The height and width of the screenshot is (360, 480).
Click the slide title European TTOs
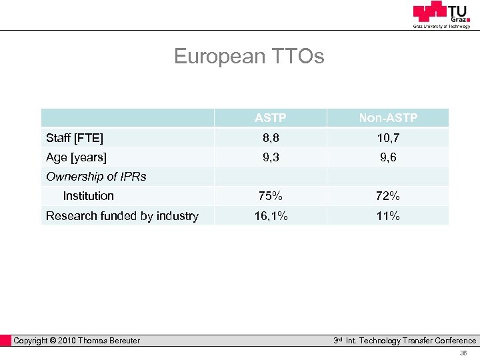pyautogui.click(x=249, y=56)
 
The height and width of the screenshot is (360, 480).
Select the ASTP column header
pyautogui.click(x=270, y=118)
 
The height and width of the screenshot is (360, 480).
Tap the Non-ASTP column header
pyautogui.click(x=388, y=118)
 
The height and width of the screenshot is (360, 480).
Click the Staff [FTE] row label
pyautogui.click(x=75, y=138)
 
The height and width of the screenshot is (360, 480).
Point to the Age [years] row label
pyautogui.click(x=76, y=157)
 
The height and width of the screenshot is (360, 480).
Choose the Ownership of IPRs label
pyautogui.click(x=96, y=177)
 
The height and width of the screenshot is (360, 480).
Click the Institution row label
pyautogui.click(x=88, y=196)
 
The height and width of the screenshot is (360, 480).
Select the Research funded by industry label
pyautogui.click(x=122, y=216)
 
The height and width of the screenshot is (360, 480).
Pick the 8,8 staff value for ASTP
pyautogui.click(x=270, y=138)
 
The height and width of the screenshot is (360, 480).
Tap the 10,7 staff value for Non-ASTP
pyautogui.click(x=388, y=138)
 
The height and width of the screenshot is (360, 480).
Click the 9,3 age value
pyautogui.click(x=270, y=157)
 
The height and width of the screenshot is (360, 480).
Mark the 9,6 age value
pyautogui.click(x=388, y=157)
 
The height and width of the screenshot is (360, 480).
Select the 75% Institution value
pyautogui.click(x=270, y=196)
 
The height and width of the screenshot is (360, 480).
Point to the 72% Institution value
pyautogui.click(x=388, y=196)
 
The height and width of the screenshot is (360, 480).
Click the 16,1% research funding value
pyautogui.click(x=270, y=216)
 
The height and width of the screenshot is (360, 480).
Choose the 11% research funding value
pyautogui.click(x=388, y=216)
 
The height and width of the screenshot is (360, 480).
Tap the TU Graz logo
pyautogui.click(x=441, y=14)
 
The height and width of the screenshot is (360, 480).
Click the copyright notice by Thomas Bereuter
pyautogui.click(x=77, y=341)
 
